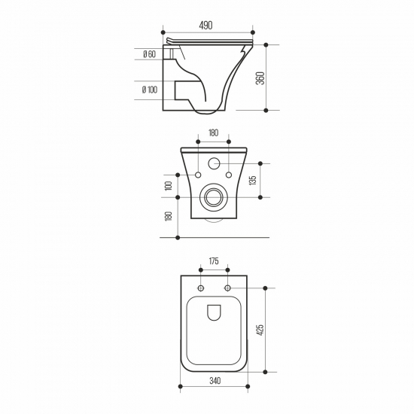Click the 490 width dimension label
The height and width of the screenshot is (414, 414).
click(x=205, y=26)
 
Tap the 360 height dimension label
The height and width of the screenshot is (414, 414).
click(x=260, y=78)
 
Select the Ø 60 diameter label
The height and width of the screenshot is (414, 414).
click(x=150, y=54)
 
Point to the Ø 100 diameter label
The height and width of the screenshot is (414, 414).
click(x=150, y=90)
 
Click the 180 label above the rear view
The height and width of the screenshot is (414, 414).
click(x=213, y=132)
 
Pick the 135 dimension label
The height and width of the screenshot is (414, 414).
click(x=253, y=181)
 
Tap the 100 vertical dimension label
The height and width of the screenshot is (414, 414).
click(x=168, y=186)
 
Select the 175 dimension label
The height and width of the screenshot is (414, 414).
click(x=214, y=261)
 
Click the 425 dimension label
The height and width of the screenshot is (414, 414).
click(x=260, y=330)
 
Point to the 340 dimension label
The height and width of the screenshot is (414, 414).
click(x=215, y=381)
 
